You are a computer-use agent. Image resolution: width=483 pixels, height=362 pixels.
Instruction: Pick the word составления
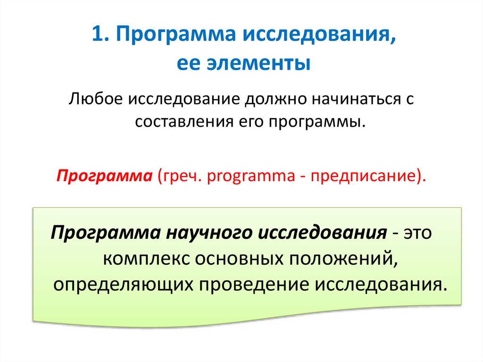click(x=180, y=122)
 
